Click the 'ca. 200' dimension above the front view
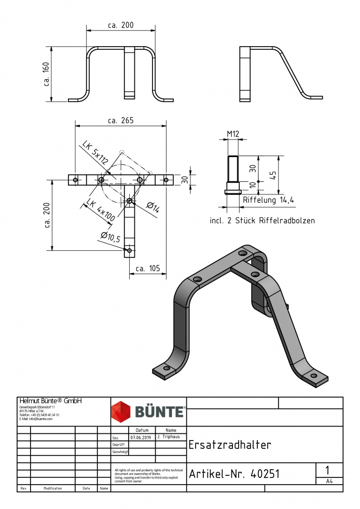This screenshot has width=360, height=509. pyautogui.click(x=120, y=25)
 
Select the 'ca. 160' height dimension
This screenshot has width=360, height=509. pyautogui.click(x=47, y=75)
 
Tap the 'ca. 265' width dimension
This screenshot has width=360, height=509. pyautogui.click(x=120, y=120)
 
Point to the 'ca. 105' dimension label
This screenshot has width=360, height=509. pyautogui.click(x=147, y=268)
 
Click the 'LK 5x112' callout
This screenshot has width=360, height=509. pyautogui.click(x=95, y=153)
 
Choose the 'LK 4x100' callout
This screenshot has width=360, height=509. pyautogui.click(x=100, y=211)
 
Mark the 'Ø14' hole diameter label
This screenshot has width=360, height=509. pyautogui.click(x=153, y=207)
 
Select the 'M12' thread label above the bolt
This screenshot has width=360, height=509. pyautogui.click(x=233, y=134)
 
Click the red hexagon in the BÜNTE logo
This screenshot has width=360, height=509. pyautogui.click(x=122, y=412)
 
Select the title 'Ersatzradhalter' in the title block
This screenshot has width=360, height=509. pyautogui.click(x=230, y=445)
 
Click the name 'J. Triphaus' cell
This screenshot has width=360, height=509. pyautogui.click(x=171, y=437)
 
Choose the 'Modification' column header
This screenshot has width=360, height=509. pyautogui.click(x=53, y=488)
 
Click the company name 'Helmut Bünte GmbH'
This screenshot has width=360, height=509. pyautogui.click(x=50, y=401)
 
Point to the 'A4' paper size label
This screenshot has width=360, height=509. pyautogui.click(x=329, y=481)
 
